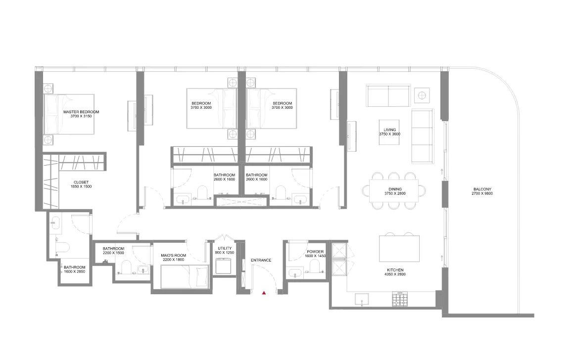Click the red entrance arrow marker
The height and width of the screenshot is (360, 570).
[265, 293]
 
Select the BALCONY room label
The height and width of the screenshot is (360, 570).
[482, 188]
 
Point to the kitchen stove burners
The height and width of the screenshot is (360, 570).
[400, 298]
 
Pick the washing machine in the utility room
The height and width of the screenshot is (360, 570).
[224, 267]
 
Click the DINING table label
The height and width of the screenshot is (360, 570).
[395, 189]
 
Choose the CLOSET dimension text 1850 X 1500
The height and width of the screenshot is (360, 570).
[81, 186]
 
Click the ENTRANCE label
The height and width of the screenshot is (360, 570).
[261, 260]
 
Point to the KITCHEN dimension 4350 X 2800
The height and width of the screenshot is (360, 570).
[396, 274]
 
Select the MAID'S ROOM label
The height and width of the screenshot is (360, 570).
[173, 256]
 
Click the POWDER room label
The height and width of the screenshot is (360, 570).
[315, 252]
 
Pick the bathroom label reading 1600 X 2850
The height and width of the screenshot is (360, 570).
[75, 271]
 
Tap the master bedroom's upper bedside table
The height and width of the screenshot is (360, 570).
[48, 89]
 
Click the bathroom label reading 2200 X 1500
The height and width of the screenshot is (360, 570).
[113, 253]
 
